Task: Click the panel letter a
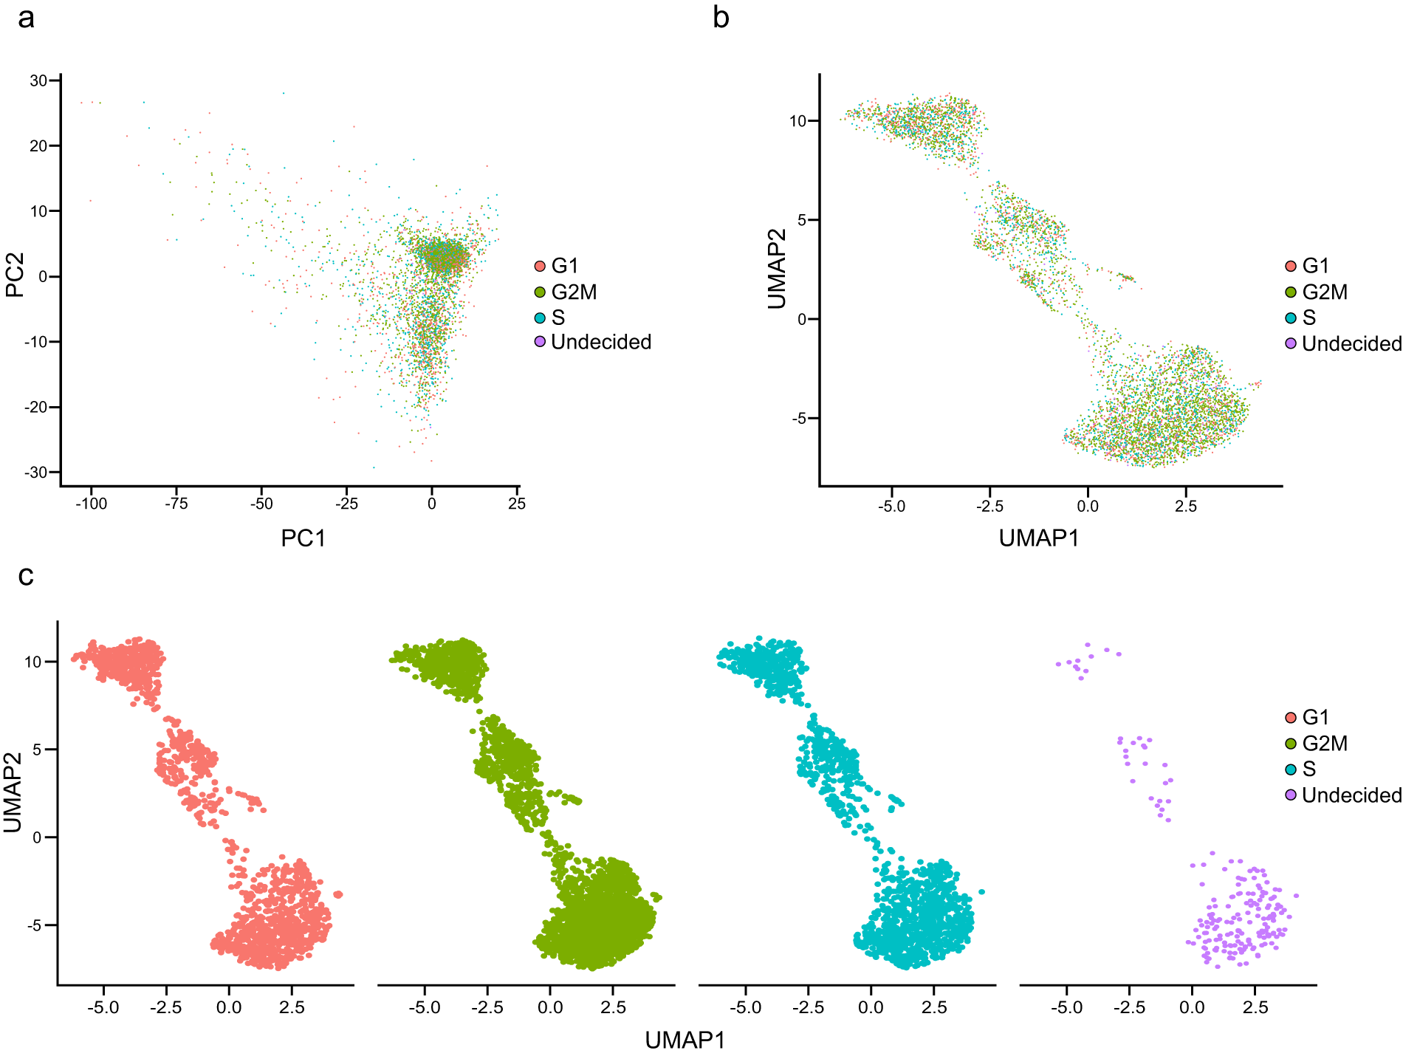pos(26,18)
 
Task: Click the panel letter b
pos(721,16)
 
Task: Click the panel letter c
pos(26,575)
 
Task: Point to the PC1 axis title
pos(303,538)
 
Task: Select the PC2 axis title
pos(15,275)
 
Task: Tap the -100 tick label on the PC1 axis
pos(91,504)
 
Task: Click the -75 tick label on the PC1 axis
pos(176,504)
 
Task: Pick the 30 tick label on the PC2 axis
pos(38,80)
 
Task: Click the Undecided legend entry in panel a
pos(593,342)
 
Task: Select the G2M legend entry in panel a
pos(566,292)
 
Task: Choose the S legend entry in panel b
pos(1300,318)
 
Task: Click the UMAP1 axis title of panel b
pos(1039,538)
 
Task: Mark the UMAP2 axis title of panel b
pos(776,268)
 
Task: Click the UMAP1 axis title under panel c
pos(685,1040)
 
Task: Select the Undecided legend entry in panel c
pos(1343,795)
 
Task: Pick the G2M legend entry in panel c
pos(1317,743)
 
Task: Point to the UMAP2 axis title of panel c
pos(13,792)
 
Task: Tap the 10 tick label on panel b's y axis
pos(798,120)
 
